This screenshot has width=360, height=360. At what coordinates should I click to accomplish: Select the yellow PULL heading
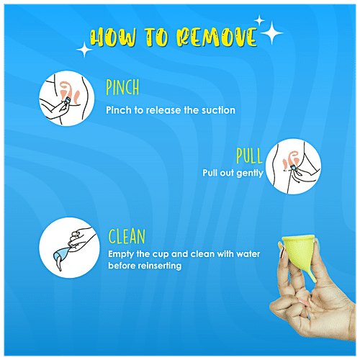point(249,156)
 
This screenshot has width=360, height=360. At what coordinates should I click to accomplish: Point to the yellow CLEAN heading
point(127,236)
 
